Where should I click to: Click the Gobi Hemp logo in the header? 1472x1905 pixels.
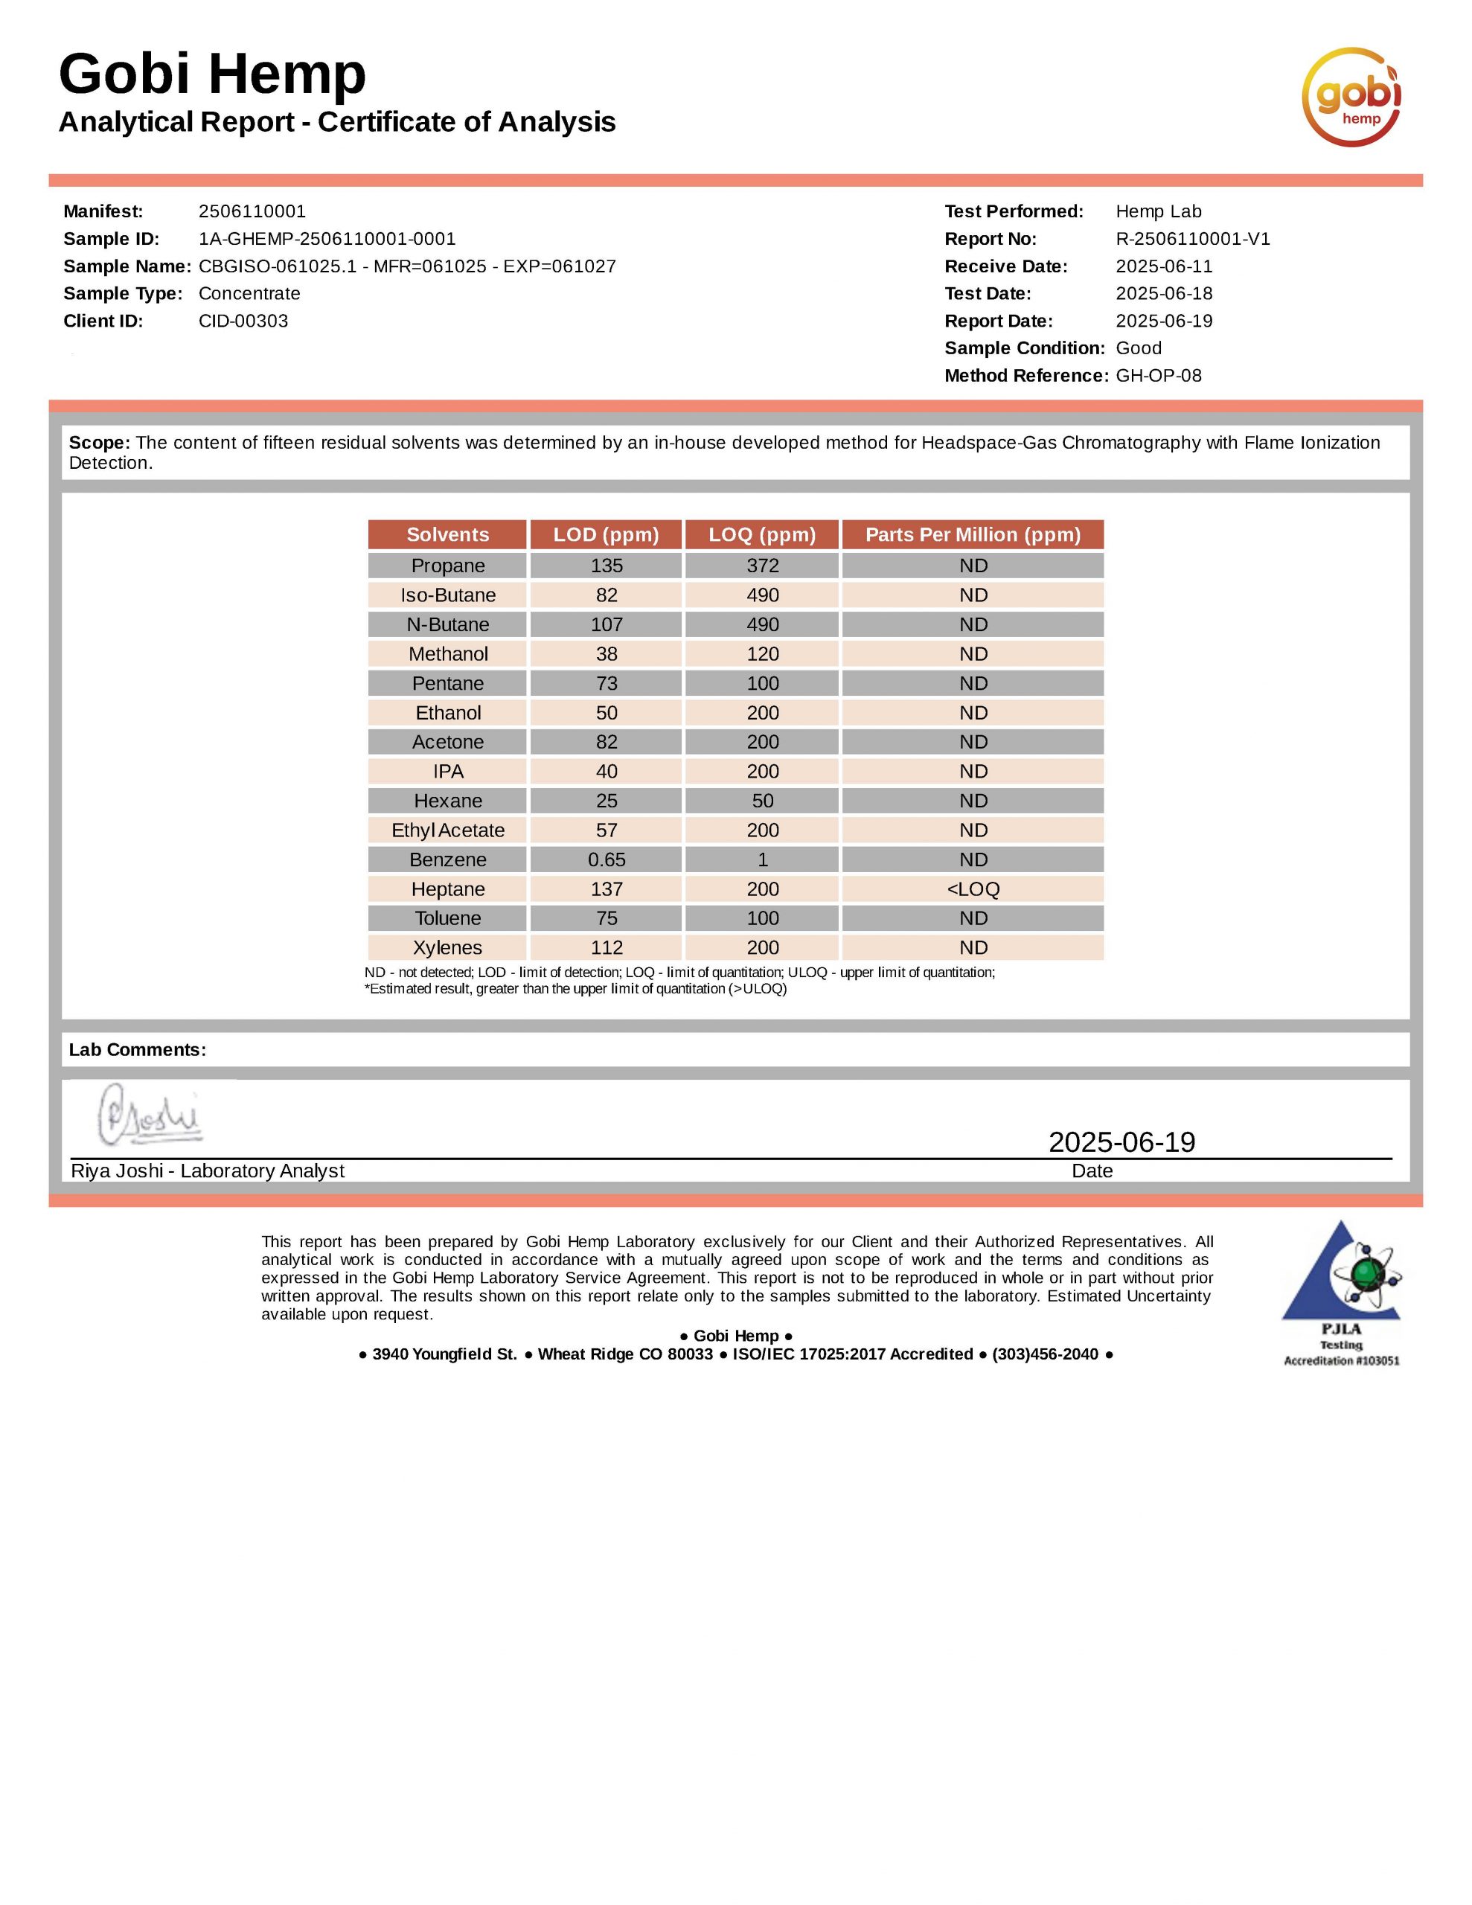pyautogui.click(x=1351, y=97)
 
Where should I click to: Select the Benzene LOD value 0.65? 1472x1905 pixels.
pyautogui.click(x=607, y=860)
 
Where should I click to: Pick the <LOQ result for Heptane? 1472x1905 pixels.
pyautogui.click(x=973, y=890)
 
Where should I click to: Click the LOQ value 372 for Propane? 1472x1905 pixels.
pyautogui.click(x=763, y=566)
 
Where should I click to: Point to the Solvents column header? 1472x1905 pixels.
pyautogui.click(x=447, y=535)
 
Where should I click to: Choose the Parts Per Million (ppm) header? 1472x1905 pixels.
pyautogui.click(x=973, y=535)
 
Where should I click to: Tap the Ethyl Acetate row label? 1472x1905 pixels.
pyautogui.click(x=447, y=830)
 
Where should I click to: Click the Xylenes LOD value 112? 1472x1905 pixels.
pyautogui.click(x=607, y=948)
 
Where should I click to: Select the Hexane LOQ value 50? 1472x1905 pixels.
pyautogui.click(x=763, y=801)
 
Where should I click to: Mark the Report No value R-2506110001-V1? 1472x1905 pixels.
pyautogui.click(x=1193, y=239)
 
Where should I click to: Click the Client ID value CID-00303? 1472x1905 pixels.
pyautogui.click(x=243, y=321)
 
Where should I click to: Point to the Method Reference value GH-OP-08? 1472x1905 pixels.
pyautogui.click(x=1159, y=376)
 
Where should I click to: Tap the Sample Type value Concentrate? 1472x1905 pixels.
pyautogui.click(x=249, y=294)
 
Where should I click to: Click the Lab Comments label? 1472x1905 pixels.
pyautogui.click(x=138, y=1050)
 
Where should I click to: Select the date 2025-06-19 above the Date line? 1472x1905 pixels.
pyautogui.click(x=1121, y=1143)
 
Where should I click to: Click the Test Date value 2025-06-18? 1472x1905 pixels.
pyautogui.click(x=1164, y=294)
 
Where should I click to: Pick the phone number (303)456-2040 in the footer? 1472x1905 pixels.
pyautogui.click(x=1044, y=1354)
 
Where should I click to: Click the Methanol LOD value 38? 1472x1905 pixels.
pyautogui.click(x=607, y=654)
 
